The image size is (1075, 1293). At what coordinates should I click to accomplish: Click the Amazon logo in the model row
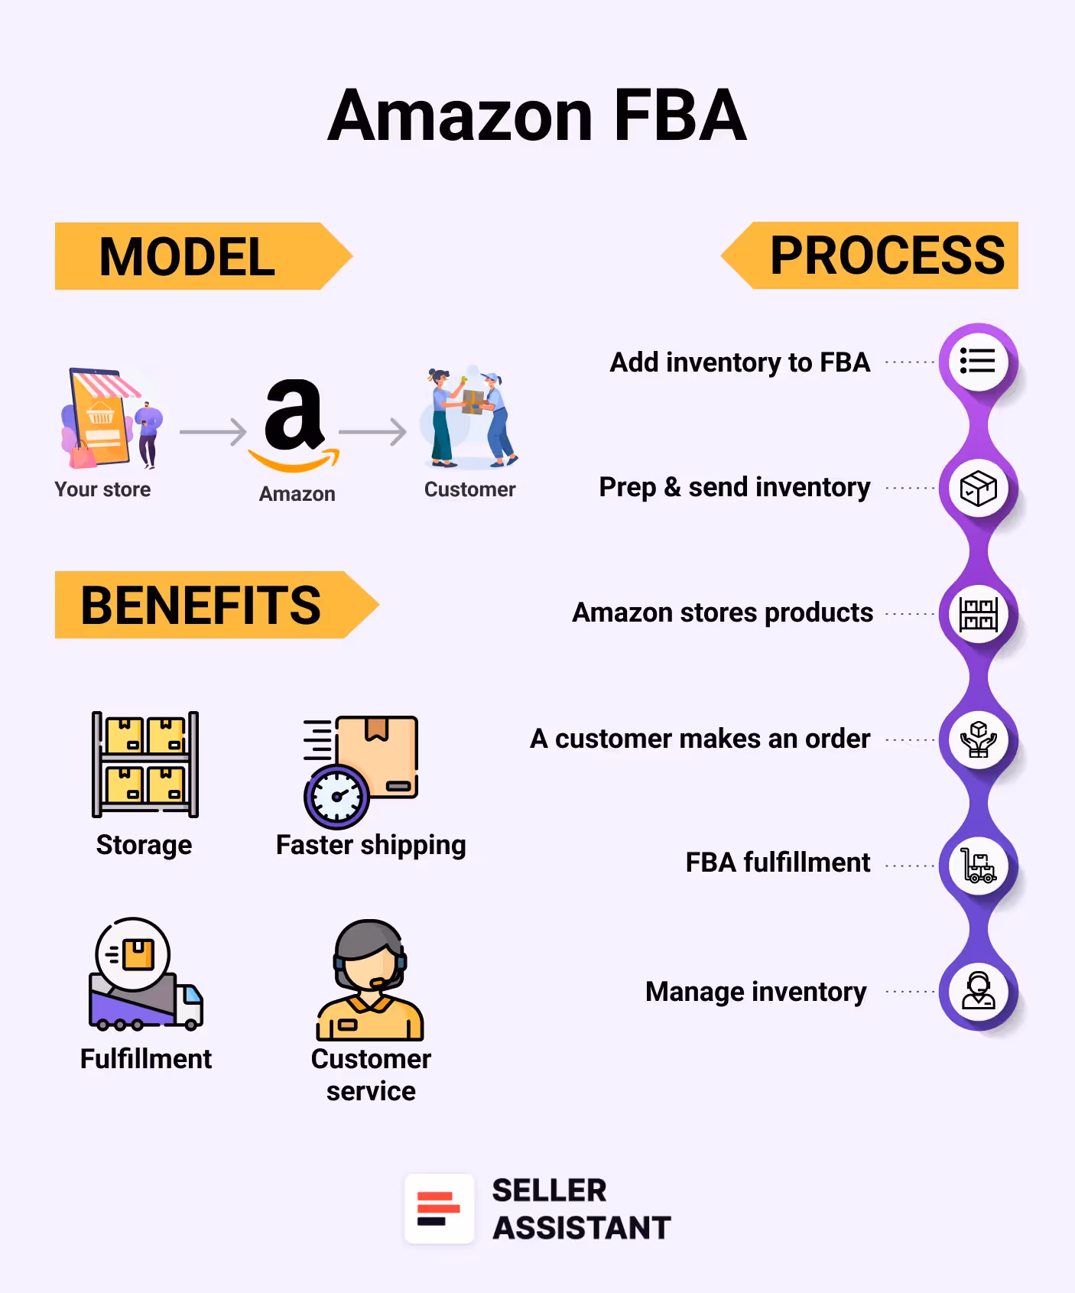pyautogui.click(x=294, y=425)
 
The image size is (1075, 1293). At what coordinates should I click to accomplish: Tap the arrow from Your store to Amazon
pyautogui.click(x=213, y=432)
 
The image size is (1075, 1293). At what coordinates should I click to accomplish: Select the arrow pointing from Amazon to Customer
pyautogui.click(x=372, y=432)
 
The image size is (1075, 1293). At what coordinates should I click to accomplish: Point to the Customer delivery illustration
pyautogui.click(x=470, y=418)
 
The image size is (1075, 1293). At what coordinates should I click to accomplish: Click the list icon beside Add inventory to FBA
pyautogui.click(x=978, y=362)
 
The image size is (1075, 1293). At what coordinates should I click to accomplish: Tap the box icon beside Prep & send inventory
pyautogui.click(x=978, y=489)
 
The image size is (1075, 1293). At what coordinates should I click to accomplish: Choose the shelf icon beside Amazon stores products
pyautogui.click(x=978, y=614)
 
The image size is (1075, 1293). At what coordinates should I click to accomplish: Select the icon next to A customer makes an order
pyautogui.click(x=978, y=740)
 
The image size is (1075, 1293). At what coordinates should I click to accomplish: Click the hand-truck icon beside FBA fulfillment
pyautogui.click(x=978, y=866)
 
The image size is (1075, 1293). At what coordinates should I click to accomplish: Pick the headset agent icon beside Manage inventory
pyautogui.click(x=978, y=992)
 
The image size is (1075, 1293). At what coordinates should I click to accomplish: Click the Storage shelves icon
pyautogui.click(x=145, y=765)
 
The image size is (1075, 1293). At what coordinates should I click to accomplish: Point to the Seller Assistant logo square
pyautogui.click(x=439, y=1209)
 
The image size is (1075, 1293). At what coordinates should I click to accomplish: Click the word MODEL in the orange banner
pyautogui.click(x=187, y=257)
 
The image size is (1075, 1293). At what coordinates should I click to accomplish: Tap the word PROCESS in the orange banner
pyautogui.click(x=887, y=255)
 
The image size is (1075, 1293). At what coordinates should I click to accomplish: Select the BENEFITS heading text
pyautogui.click(x=200, y=606)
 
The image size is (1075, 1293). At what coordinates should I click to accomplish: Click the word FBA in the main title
pyautogui.click(x=679, y=116)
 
